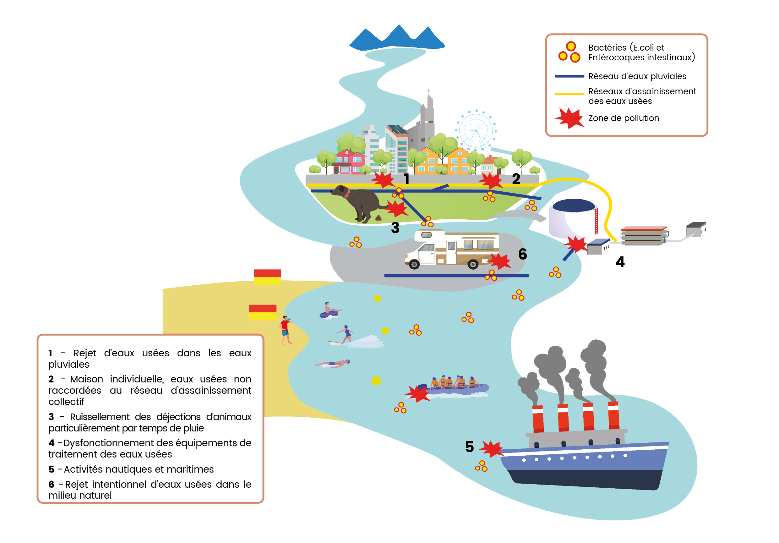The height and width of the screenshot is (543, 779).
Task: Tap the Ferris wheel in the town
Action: (x=476, y=131)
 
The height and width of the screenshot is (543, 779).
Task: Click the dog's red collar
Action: (x=347, y=194)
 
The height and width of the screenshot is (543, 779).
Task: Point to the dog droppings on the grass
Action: (x=378, y=218)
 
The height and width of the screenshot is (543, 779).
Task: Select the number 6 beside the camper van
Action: (x=522, y=254)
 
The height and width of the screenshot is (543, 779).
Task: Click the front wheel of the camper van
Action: (x=414, y=264)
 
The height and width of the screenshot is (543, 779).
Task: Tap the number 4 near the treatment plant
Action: (x=620, y=262)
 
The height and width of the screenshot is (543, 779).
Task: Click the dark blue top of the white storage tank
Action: (x=573, y=205)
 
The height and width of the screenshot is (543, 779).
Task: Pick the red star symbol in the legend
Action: (x=569, y=118)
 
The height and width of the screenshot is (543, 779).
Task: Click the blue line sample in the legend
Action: (x=569, y=76)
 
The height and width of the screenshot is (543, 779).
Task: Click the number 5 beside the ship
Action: (x=469, y=447)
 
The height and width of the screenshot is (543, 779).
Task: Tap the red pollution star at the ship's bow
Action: (x=491, y=449)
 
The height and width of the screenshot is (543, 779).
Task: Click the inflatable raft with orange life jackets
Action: (x=455, y=387)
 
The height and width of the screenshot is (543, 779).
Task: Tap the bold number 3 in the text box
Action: (x=51, y=417)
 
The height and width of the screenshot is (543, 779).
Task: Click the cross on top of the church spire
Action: (x=428, y=91)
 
